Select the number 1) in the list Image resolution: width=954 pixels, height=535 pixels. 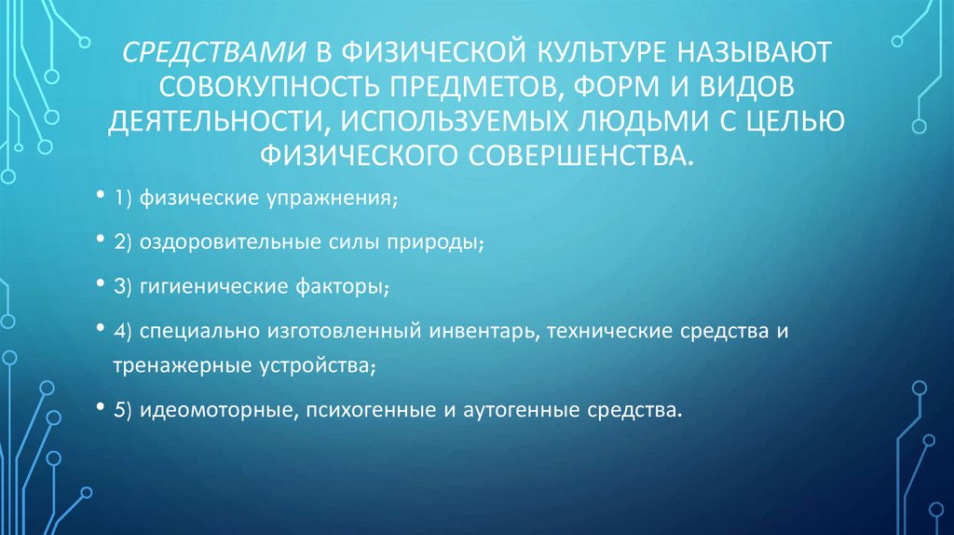[124, 199]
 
